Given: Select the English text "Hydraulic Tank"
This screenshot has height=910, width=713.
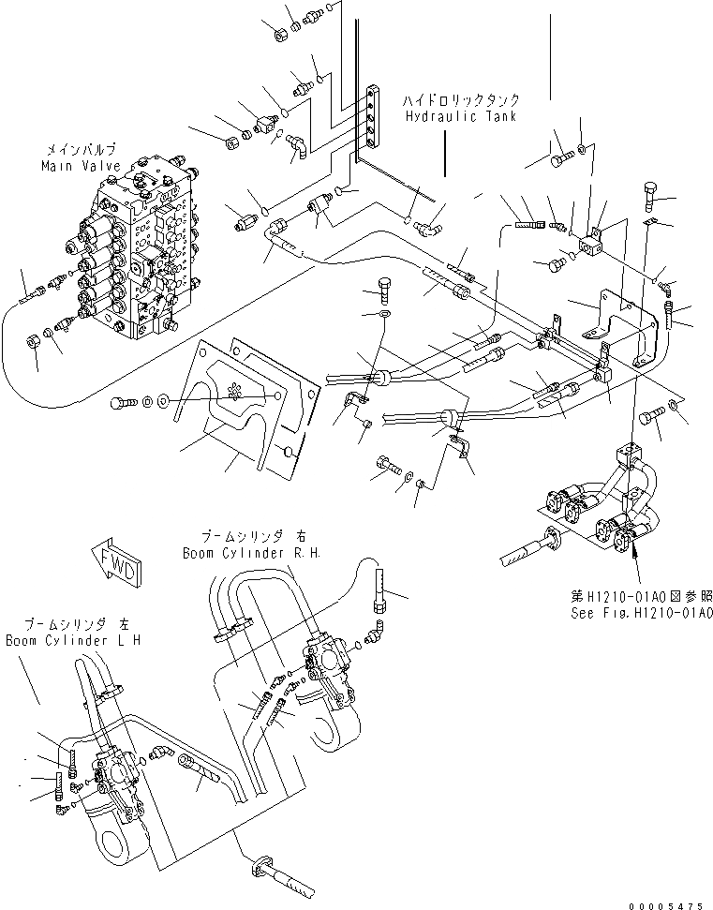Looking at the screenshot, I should click(x=456, y=116).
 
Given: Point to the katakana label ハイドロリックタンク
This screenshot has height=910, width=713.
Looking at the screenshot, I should click(x=463, y=99).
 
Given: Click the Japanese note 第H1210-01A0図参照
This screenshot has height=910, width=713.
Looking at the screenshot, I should click(x=641, y=595).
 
